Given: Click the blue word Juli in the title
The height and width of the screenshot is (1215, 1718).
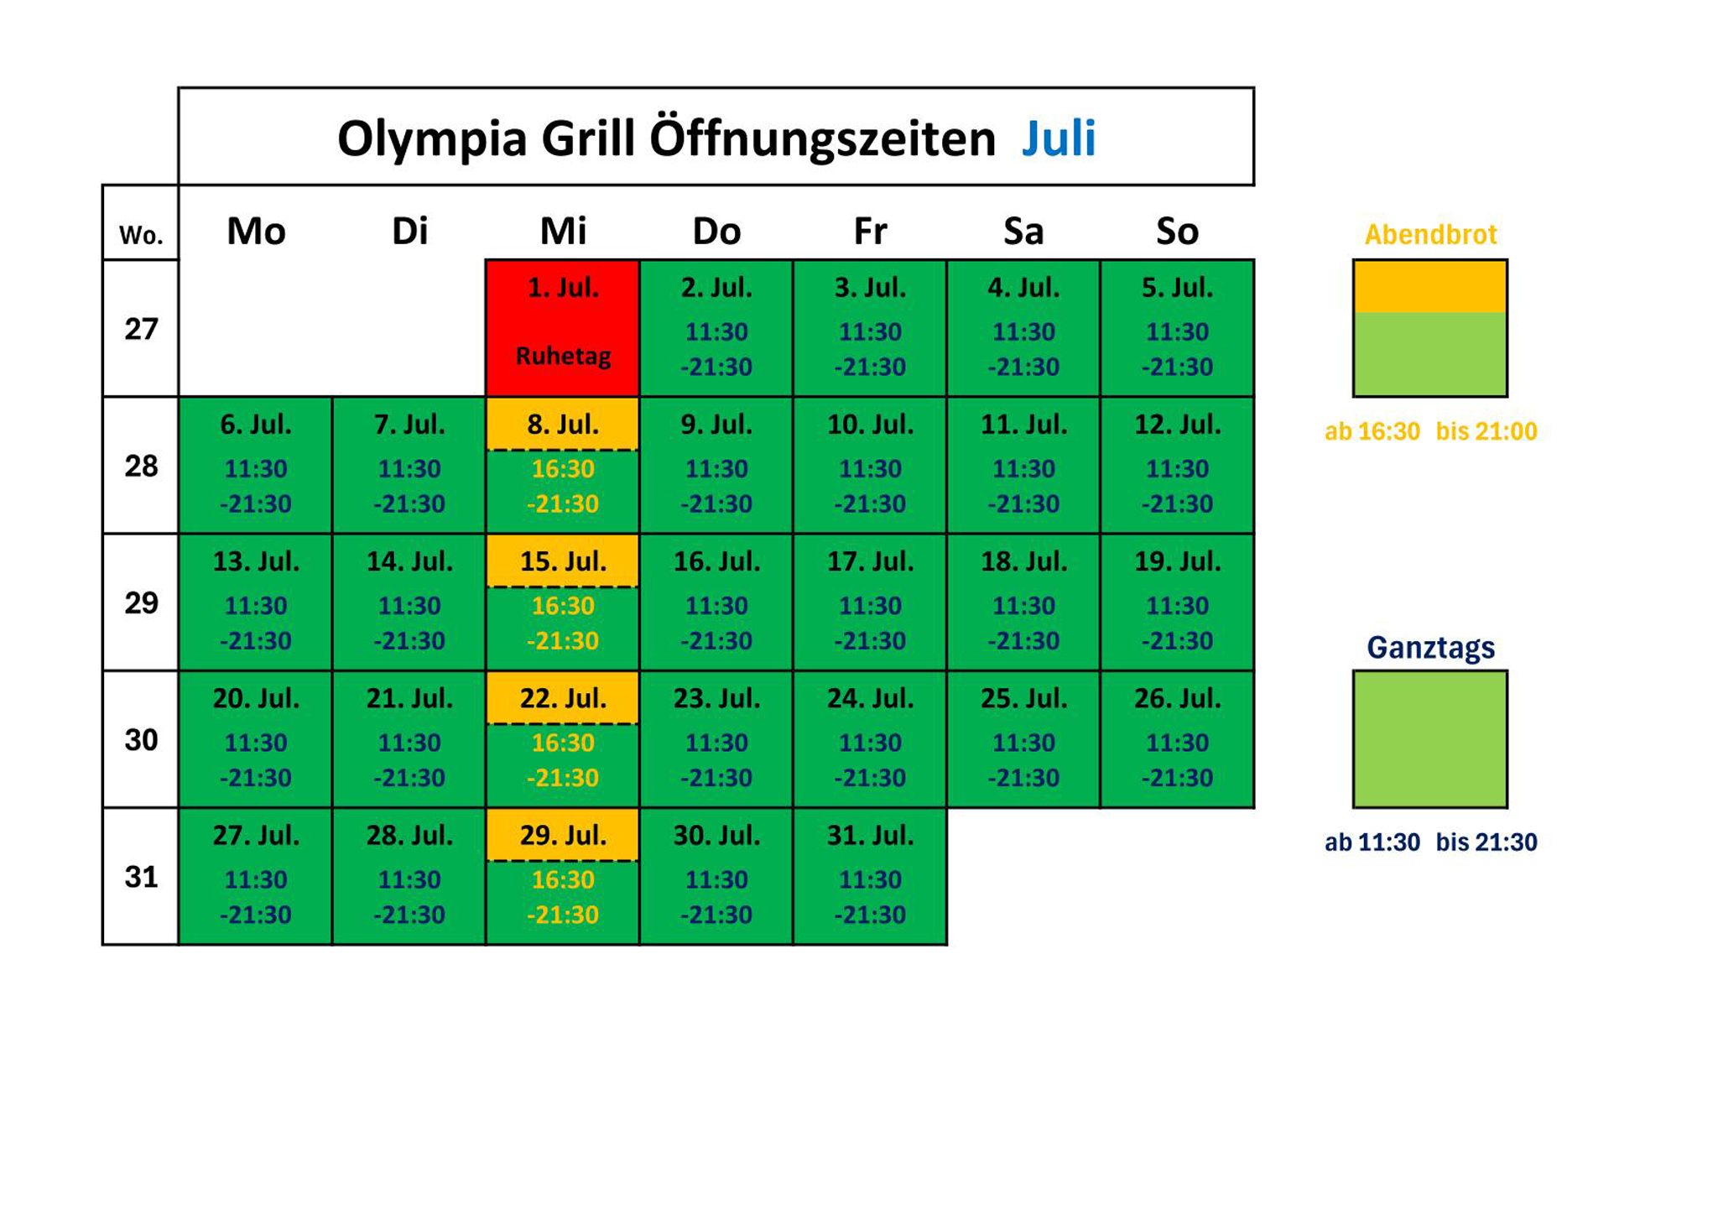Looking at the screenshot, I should pos(1059,138).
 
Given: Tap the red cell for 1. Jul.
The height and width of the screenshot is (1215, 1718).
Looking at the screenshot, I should pos(563,327).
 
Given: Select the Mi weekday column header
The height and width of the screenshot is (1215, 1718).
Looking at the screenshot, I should pos(563,231).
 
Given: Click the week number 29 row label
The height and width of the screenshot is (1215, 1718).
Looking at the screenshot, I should pos(141,602).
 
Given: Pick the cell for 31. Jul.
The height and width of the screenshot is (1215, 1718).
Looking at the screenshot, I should pos(870,876).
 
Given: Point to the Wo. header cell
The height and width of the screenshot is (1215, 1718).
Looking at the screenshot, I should pos(141,235).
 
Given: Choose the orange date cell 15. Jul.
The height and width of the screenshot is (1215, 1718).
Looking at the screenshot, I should pos(563,561).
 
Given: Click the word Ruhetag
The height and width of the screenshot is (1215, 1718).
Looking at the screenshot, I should pos(563,356).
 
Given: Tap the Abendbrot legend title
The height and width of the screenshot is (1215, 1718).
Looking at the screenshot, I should pos(1430,234).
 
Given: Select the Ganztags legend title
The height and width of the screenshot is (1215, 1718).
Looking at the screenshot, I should pos(1430,647).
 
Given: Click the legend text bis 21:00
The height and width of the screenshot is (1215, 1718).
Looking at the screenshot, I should pos(1486,431).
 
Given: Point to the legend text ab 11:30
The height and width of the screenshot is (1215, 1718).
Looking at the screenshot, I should pos(1372,842).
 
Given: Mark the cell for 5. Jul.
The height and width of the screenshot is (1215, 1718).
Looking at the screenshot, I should pos(1177,327).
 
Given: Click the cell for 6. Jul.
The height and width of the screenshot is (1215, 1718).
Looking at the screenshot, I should pos(256,465).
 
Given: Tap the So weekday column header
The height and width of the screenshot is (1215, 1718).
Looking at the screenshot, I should pos(1177,231).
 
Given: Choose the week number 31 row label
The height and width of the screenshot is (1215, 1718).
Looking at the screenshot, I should pos(141,877).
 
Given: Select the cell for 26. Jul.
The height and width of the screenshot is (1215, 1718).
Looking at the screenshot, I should pos(1177,739).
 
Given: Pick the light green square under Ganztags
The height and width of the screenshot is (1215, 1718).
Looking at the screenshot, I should pos(1430,739).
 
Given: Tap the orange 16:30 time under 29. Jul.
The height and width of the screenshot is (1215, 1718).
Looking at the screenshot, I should pos(563,879).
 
